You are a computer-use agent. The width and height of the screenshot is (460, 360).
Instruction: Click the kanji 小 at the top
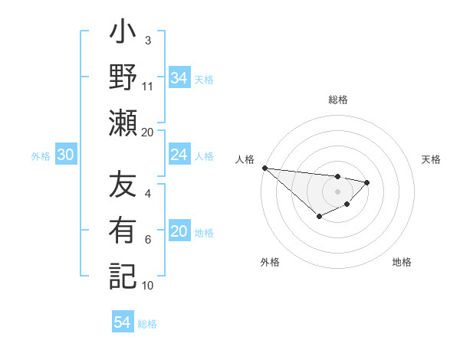pyautogui.click(x=123, y=34)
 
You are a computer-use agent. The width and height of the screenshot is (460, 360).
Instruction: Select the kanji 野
pyautogui.click(x=123, y=78)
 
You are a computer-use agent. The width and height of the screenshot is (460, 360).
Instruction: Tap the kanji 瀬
pyautogui.click(x=123, y=123)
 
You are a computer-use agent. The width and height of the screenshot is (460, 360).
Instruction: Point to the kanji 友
pyautogui.click(x=123, y=186)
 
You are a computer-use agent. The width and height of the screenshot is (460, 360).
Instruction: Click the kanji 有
pyautogui.click(x=123, y=231)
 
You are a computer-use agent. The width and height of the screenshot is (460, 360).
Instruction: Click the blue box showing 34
pyautogui.click(x=179, y=78)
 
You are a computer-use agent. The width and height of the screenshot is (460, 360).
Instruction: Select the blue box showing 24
pyautogui.click(x=179, y=155)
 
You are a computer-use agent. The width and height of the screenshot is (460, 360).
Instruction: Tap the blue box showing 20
pyautogui.click(x=179, y=231)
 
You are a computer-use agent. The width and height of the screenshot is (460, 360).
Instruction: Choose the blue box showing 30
pyautogui.click(x=66, y=155)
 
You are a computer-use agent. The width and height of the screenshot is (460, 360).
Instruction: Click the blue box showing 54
pyautogui.click(x=123, y=322)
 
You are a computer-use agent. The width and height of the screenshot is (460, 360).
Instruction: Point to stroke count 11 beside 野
pyautogui.click(x=148, y=87)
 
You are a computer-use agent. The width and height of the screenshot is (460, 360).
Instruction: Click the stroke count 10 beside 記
pyautogui.click(x=148, y=286)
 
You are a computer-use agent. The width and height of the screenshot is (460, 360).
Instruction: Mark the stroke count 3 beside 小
pyautogui.click(x=148, y=41)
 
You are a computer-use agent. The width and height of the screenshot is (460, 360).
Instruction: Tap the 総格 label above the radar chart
pyautogui.click(x=337, y=100)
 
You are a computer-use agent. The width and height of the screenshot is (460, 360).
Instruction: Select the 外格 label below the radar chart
pyautogui.click(x=270, y=262)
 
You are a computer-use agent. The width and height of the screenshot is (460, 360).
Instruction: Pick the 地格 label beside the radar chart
pyautogui.click(x=402, y=262)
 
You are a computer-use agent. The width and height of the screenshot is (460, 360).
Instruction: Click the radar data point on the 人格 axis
pyautogui.click(x=264, y=168)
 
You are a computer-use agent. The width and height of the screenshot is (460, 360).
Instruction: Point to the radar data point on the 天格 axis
pyautogui.click(x=367, y=182)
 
